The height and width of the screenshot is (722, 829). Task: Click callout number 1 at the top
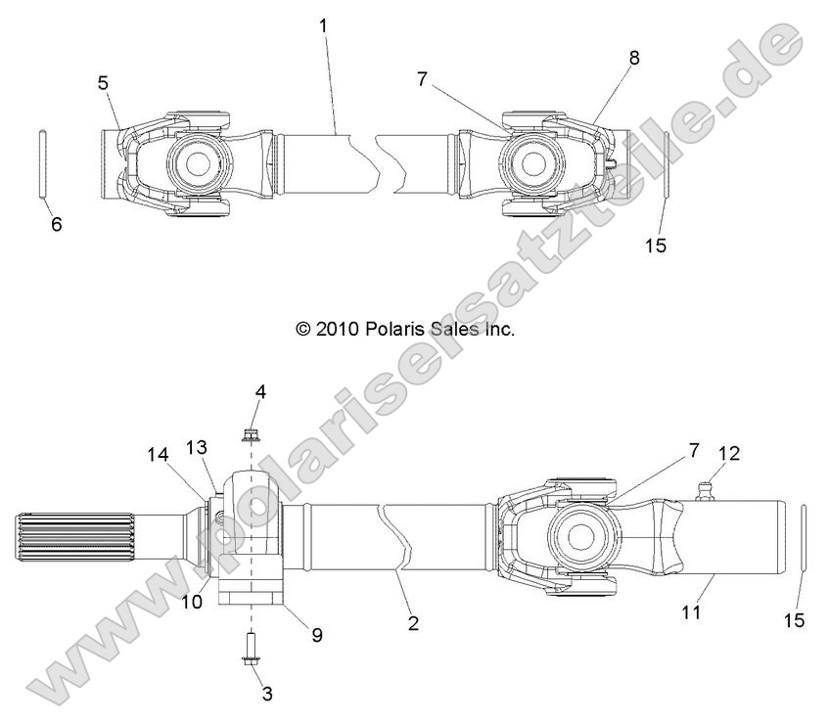(323, 23)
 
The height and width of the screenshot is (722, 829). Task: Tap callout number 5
(104, 83)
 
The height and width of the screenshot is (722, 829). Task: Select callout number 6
(57, 224)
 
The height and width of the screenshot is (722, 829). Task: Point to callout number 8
(634, 58)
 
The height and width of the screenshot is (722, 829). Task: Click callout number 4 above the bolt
(260, 391)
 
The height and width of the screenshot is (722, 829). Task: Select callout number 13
(198, 446)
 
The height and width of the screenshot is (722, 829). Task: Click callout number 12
(729, 453)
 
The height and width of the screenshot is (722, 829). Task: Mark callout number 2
(413, 622)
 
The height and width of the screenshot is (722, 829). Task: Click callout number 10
(192, 602)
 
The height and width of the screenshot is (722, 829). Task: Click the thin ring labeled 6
(44, 164)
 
